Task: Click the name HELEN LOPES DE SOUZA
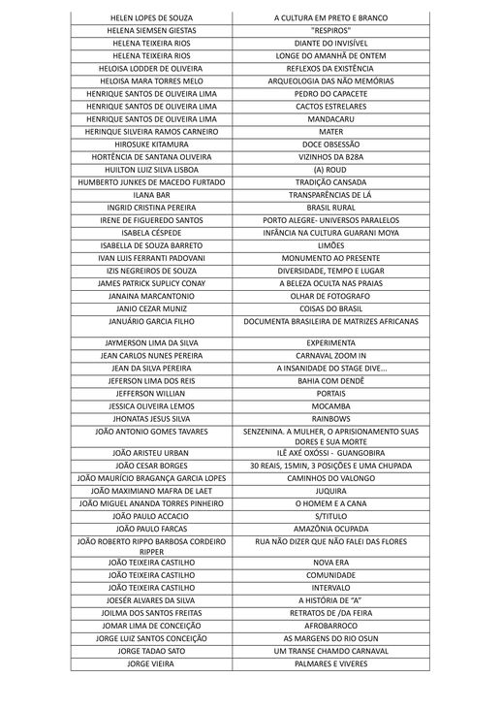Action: tap(151, 17)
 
